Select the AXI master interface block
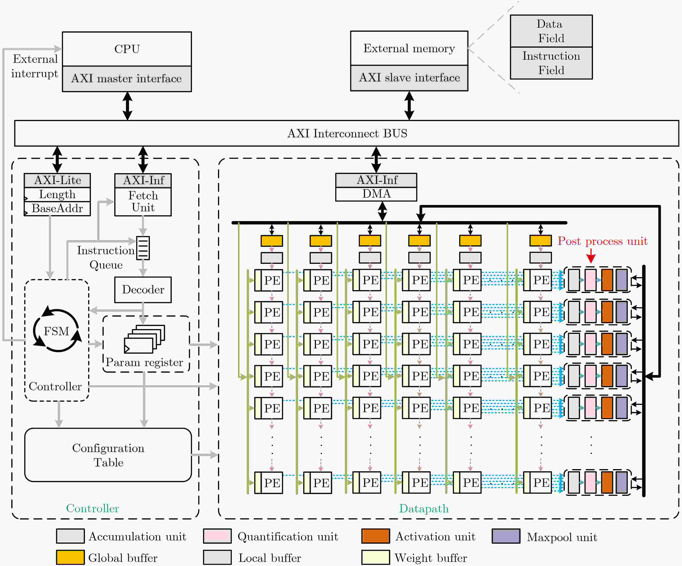[127, 79]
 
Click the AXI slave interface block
[409, 78]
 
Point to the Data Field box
[551, 31]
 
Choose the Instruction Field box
[551, 63]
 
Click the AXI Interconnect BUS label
[347, 134]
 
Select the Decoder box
[143, 290]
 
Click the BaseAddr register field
[57, 208]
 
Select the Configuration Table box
[108, 455]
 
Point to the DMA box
[376, 194]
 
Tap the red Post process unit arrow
[591, 256]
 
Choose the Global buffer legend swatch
[70, 557]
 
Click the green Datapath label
[424, 508]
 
